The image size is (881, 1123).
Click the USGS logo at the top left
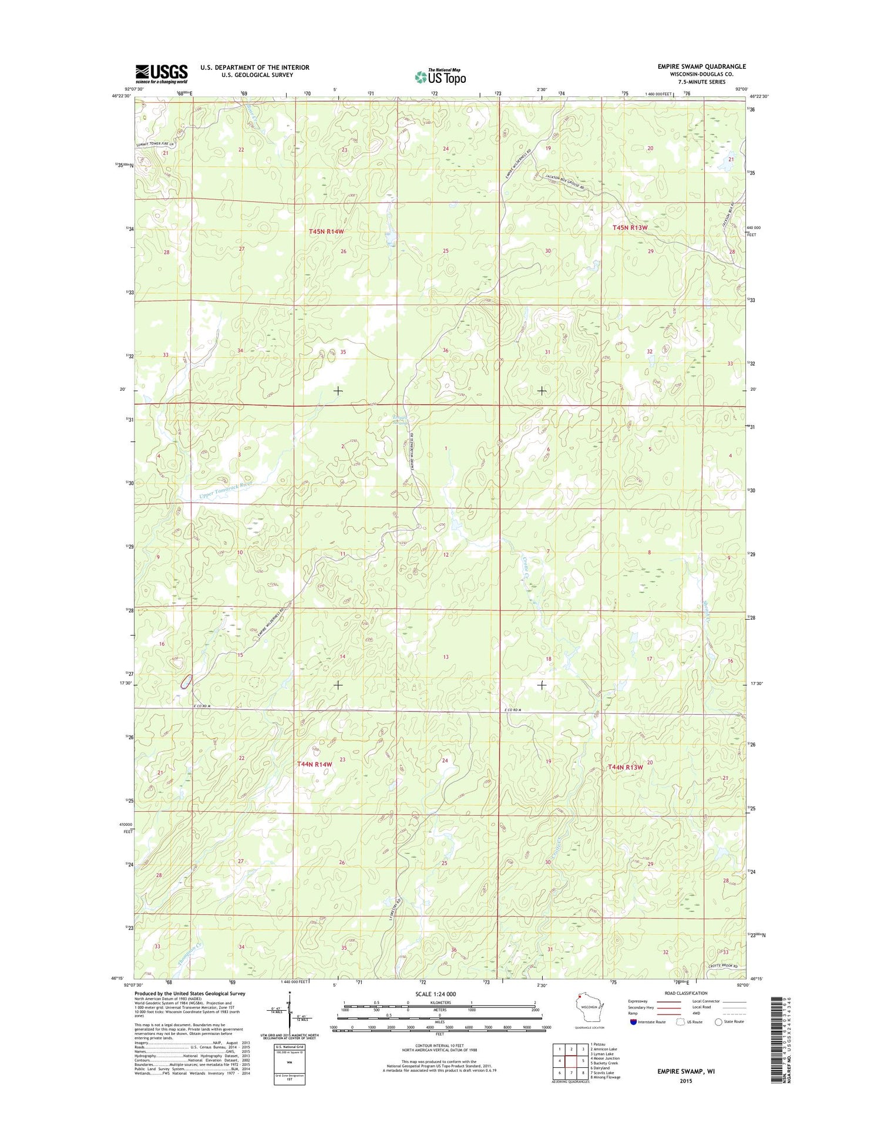tap(162, 73)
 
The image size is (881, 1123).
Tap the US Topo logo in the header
tap(441, 76)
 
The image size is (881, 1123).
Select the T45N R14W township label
tap(326, 231)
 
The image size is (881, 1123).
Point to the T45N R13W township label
tap(630, 227)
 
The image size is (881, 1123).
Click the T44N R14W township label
tap(315, 764)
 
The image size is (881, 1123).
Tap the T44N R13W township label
tap(626, 767)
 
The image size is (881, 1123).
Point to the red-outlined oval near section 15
tap(186, 681)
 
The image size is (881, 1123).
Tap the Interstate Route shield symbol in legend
tap(632, 1021)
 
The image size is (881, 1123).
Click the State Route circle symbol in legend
tap(718, 1021)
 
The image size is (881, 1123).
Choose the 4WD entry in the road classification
tap(699, 1014)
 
